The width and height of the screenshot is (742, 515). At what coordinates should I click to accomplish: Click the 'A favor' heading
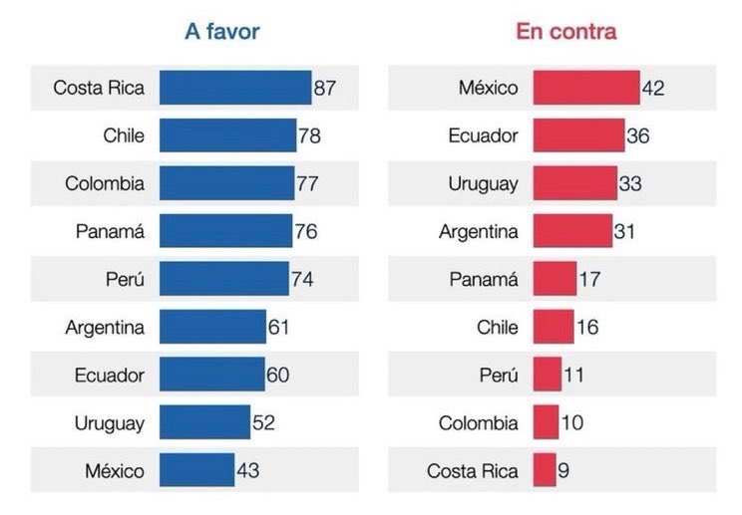[221, 31]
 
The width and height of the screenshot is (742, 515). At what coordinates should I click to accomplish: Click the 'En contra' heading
[565, 31]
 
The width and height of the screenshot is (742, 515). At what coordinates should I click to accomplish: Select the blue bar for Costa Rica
[235, 88]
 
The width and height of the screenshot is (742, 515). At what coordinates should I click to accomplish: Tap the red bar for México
[585, 88]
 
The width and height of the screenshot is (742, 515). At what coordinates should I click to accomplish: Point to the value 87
[325, 88]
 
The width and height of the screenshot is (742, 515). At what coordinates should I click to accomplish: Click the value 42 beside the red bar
[653, 89]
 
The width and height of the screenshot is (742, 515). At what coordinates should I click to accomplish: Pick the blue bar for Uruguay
[204, 422]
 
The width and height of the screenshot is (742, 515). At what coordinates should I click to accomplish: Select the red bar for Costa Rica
[545, 470]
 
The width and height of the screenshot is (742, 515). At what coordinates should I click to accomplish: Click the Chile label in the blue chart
[123, 135]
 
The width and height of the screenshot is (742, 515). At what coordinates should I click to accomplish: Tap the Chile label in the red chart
[497, 327]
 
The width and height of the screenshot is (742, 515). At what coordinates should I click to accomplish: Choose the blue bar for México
[196, 470]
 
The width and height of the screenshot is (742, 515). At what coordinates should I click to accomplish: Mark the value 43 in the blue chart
[247, 470]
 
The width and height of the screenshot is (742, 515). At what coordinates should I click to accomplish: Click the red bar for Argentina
[572, 231]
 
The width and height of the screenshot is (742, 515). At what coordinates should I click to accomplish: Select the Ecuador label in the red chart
[483, 135]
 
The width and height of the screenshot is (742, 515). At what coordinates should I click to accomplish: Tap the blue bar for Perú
[223, 279]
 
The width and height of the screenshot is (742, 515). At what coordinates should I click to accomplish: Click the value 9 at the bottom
[564, 470]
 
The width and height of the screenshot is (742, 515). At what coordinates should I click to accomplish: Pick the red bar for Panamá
[555, 279]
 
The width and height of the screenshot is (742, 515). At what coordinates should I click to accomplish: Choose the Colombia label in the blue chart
[105, 183]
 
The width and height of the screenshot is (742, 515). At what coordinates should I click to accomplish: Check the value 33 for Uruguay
[629, 184]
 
